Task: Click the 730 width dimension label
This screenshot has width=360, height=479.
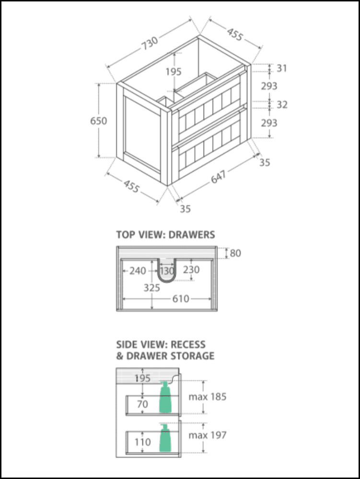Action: [150, 44]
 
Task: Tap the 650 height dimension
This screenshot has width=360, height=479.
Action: [99, 121]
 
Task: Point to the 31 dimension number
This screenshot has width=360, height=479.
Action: [282, 68]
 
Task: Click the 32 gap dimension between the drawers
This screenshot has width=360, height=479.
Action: [282, 104]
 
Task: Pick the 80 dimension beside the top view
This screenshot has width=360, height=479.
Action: [235, 252]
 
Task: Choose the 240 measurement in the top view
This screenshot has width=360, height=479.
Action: [138, 271]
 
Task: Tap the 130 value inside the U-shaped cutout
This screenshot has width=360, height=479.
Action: [167, 271]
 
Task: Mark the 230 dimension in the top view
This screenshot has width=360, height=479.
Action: [191, 270]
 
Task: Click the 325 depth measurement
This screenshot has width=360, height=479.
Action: [152, 287]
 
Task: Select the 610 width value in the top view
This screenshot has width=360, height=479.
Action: [181, 299]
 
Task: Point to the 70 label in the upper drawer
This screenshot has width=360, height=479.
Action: [142, 404]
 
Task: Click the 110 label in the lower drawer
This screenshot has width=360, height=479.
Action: [142, 442]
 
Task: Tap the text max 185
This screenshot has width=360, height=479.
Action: [207, 397]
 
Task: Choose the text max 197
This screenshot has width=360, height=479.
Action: [207, 435]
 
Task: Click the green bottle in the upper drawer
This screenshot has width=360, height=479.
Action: [165, 398]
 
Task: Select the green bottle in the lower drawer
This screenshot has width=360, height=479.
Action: [165, 438]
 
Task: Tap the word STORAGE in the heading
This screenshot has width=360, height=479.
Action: [192, 356]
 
